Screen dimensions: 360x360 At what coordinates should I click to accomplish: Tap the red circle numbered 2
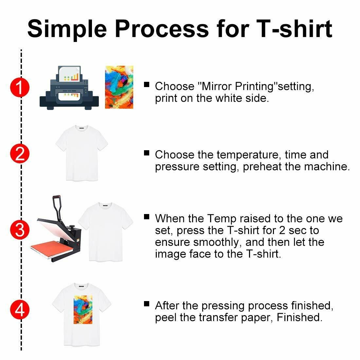click(x=20, y=154)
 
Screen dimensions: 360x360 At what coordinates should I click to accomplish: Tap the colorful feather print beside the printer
click(x=119, y=87)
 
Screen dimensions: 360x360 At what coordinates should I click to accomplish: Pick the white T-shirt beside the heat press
click(x=105, y=231)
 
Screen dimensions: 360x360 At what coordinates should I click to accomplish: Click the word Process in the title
click(x=162, y=28)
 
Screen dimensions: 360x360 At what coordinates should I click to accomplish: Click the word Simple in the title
click(x=67, y=28)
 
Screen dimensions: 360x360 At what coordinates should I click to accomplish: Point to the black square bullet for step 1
click(x=147, y=84)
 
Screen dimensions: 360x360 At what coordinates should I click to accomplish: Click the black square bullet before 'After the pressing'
click(x=147, y=304)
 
